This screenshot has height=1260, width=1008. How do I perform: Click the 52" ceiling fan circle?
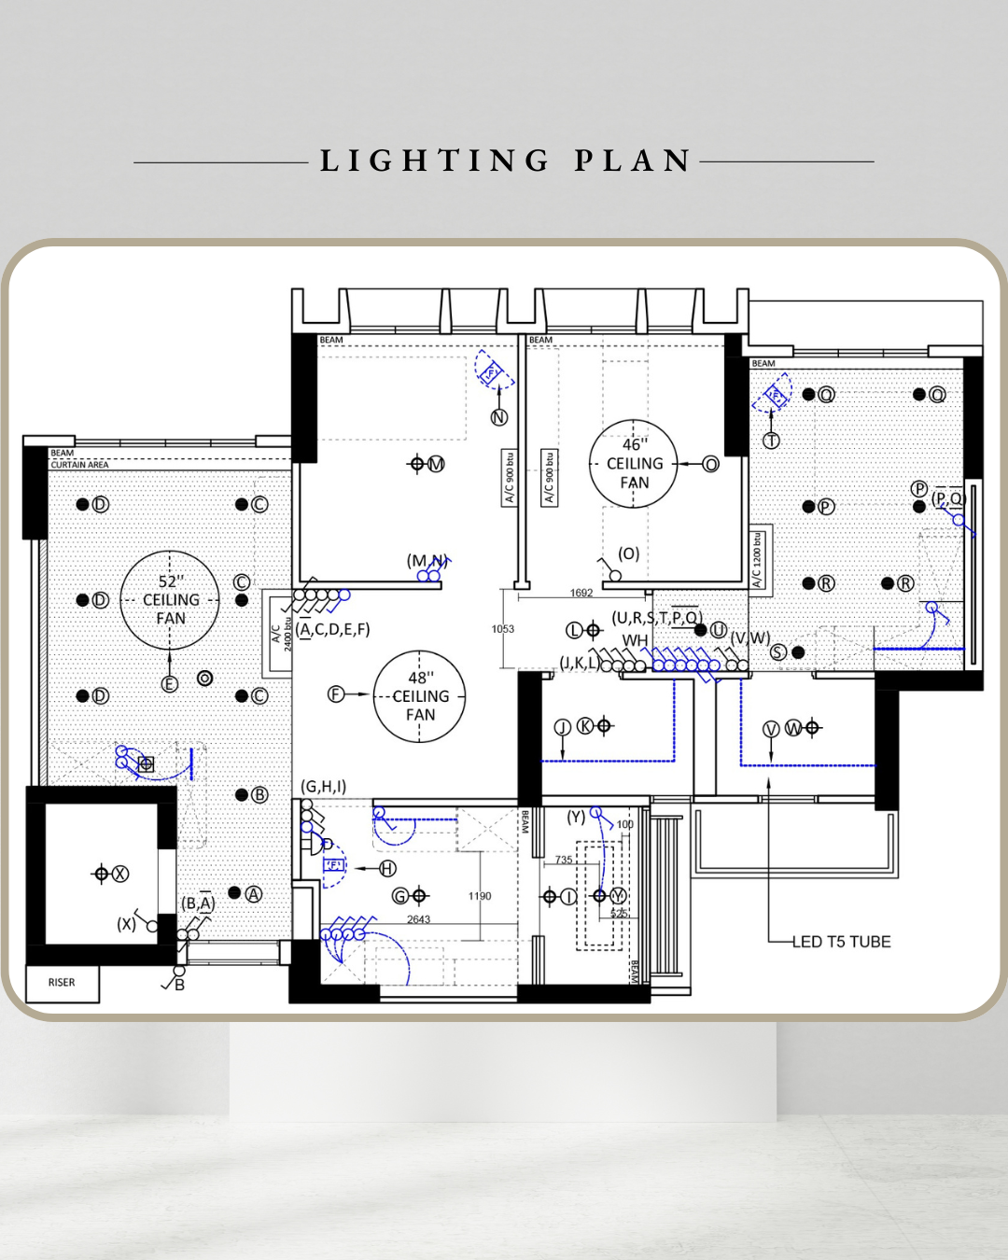[x=170, y=600]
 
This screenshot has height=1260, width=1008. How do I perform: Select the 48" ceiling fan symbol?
[x=420, y=696]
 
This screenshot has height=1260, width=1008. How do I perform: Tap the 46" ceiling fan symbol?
[x=634, y=464]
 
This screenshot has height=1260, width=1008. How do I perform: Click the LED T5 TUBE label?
[x=841, y=942]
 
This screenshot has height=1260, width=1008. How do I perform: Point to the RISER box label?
[x=62, y=983]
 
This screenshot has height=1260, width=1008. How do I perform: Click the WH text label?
[x=635, y=640]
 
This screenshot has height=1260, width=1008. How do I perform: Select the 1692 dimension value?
[x=581, y=593]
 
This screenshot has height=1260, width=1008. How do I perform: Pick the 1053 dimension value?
[x=503, y=629]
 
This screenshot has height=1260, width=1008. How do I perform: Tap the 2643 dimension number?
[x=418, y=919]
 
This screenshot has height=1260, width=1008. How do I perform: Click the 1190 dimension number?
[x=480, y=896]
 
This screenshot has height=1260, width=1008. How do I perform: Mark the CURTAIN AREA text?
[x=79, y=465]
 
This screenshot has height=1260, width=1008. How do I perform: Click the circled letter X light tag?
[x=120, y=874]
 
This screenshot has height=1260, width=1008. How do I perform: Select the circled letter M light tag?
[x=436, y=464]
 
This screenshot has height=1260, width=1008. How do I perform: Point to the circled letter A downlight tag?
[x=254, y=893]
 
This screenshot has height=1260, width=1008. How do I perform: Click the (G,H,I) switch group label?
[x=324, y=787]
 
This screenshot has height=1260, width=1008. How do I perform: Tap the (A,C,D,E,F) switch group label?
[x=334, y=629]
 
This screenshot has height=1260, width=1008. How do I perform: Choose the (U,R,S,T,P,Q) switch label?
[x=656, y=618]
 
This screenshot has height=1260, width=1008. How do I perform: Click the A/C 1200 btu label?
[x=759, y=560]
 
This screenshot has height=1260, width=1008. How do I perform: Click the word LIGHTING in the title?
[x=435, y=161]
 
